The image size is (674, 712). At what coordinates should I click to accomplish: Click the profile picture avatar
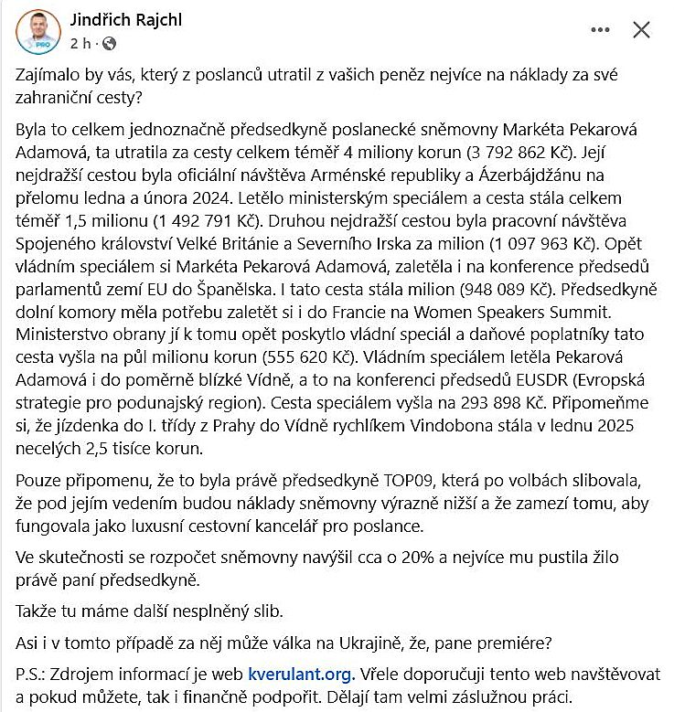click(37, 31)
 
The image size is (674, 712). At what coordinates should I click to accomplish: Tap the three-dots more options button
click(600, 30)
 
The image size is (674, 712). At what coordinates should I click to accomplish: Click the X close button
click(642, 30)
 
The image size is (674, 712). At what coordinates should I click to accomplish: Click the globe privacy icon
click(110, 43)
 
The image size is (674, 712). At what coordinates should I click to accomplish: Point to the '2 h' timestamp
click(80, 43)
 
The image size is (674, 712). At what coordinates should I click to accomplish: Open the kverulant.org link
click(300, 675)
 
